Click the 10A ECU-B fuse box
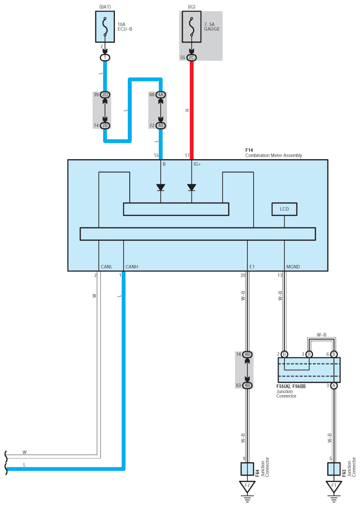coord(105,27)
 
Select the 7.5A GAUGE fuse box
coord(192,27)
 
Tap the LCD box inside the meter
coord(284,209)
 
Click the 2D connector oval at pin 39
coord(105,95)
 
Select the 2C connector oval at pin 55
coord(192,58)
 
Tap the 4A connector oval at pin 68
coord(161,95)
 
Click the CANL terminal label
coord(106,267)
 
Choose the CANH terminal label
coord(132,267)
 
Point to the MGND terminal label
coord(293,267)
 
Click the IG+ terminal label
coord(197,164)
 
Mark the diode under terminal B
coord(161,188)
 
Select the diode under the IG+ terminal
coord(192,188)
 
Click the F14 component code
coord(249,151)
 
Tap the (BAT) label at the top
coord(105,7)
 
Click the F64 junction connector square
coord(247,469)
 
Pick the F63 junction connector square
coord(334,469)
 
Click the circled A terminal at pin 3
coord(334,385)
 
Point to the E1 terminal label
coord(252,267)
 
